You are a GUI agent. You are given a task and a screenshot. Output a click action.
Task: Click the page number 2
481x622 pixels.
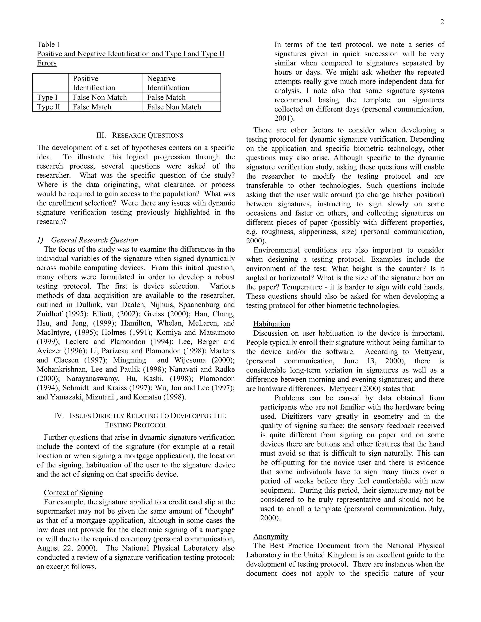point(442,22)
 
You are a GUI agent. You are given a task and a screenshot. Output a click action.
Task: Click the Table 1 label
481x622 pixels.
point(48,44)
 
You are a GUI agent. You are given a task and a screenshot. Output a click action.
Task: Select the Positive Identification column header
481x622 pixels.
point(94,83)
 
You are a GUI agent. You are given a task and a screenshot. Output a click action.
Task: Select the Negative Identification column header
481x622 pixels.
point(168,83)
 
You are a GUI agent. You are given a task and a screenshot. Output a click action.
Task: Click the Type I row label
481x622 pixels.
point(47,97)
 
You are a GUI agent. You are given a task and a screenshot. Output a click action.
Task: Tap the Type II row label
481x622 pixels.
point(48,107)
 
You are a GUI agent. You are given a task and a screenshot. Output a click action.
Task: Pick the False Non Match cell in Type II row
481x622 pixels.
point(174,107)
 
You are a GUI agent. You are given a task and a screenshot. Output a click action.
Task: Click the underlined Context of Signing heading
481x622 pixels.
point(74,493)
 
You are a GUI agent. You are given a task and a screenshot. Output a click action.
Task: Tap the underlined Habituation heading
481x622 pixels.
point(272,324)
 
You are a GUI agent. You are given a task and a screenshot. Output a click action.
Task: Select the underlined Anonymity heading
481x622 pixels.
point(271,536)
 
